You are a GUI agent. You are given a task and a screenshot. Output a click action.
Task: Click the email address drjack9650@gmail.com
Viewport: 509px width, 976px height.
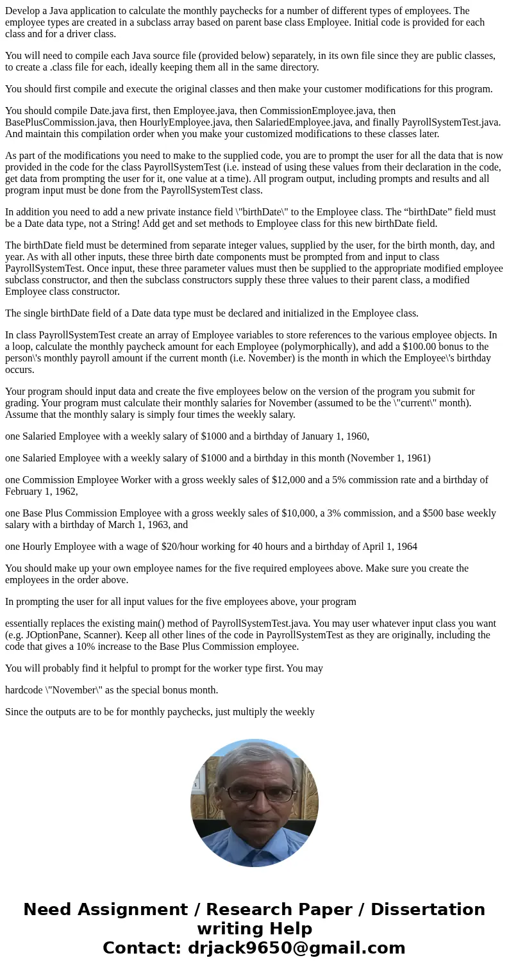point(297,948)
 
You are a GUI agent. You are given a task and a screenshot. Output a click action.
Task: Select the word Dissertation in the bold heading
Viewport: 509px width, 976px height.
point(428,909)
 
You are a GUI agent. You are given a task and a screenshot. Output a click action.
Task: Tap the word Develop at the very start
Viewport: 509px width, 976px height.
point(22,11)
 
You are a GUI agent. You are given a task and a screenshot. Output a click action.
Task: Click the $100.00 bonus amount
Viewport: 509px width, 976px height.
point(395,347)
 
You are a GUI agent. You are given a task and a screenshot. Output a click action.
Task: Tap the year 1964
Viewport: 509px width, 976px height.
point(405,547)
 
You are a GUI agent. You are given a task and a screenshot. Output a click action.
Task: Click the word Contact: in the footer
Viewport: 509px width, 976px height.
point(142,948)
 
